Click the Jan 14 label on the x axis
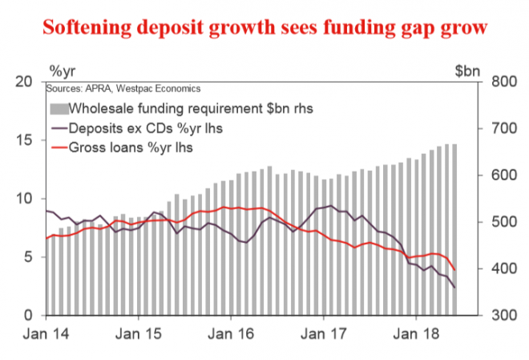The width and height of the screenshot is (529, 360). coord(46,331)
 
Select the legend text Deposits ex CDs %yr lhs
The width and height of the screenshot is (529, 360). coord(131,128)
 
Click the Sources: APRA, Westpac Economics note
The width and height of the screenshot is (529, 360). coord(123,88)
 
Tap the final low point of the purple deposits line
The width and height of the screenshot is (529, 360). coord(456,288)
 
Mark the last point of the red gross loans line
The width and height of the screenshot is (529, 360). coord(456,270)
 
